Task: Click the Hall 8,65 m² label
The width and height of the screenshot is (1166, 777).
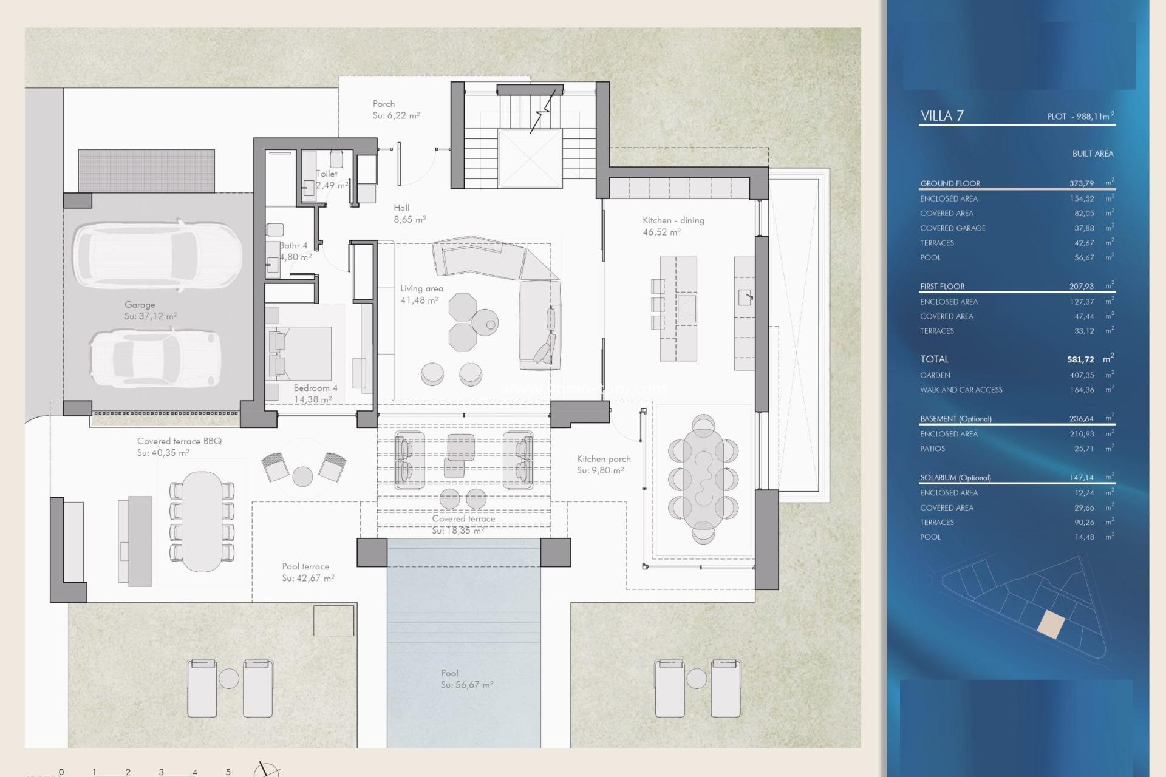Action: click(x=409, y=214)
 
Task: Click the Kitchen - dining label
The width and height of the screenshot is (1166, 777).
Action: click(x=673, y=226)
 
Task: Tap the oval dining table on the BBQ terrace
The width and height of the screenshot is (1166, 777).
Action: click(x=202, y=521)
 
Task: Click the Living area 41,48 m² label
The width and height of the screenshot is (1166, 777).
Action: click(x=421, y=294)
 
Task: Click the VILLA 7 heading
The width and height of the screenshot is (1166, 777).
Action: click(x=941, y=116)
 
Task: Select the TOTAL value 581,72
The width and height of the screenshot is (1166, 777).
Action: click(x=1080, y=359)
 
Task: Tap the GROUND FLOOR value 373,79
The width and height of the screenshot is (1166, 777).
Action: click(x=1081, y=183)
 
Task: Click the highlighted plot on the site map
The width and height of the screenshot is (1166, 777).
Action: click(x=1051, y=624)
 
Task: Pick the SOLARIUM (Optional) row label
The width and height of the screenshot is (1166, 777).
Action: click(x=955, y=478)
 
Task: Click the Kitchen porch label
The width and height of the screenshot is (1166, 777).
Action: click(x=603, y=464)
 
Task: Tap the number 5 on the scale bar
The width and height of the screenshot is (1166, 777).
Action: click(x=228, y=772)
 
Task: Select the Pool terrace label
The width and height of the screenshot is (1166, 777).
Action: click(x=307, y=572)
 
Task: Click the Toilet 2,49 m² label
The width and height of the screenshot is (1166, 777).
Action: click(x=331, y=179)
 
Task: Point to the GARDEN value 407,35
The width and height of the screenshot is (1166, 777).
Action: click(x=1081, y=375)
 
